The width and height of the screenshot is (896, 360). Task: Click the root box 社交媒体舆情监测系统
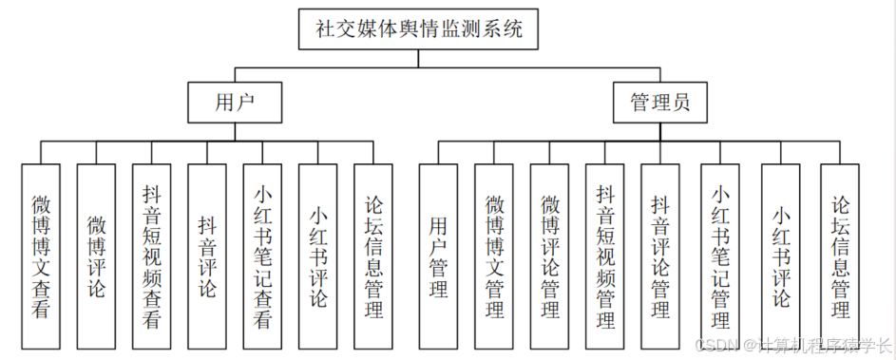point(419,28)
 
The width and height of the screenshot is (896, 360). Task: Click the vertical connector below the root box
point(419,58)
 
